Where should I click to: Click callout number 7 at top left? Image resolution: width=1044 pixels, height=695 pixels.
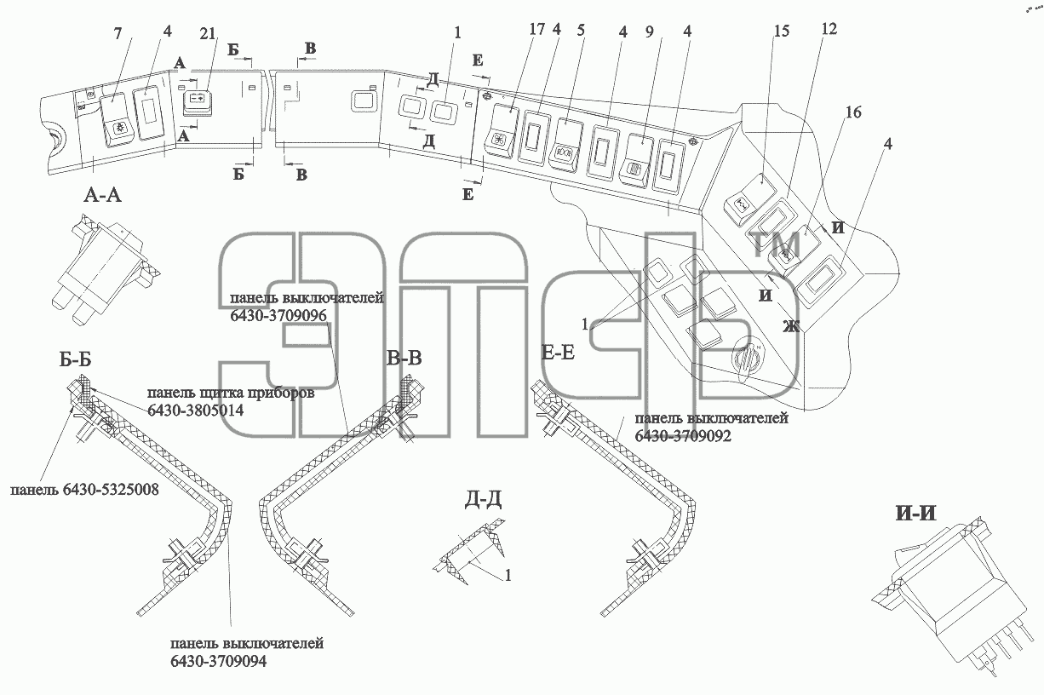tap(118, 33)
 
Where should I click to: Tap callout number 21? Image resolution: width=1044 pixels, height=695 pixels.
tap(208, 33)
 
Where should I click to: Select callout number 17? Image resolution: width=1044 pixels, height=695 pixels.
tap(537, 29)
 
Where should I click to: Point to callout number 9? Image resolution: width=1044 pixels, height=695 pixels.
tap(649, 32)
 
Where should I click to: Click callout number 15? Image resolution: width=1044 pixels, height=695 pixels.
tap(782, 32)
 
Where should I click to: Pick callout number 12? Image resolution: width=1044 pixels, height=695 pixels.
tap(829, 29)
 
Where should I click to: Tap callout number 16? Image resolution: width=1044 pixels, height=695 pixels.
tap(853, 112)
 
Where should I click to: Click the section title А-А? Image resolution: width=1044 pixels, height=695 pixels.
tap(102, 194)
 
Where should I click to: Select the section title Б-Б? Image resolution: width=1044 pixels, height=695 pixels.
tap(76, 359)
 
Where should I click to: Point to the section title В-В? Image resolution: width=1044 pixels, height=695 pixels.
tap(404, 358)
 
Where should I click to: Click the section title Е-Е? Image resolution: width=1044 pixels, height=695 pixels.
tap(558, 353)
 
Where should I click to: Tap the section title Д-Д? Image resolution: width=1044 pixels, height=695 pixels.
tap(483, 500)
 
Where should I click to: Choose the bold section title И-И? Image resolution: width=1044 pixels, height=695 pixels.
tap(915, 514)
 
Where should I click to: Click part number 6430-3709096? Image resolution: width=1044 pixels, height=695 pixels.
tap(278, 316)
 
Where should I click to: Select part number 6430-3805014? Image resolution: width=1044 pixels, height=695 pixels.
tap(195, 411)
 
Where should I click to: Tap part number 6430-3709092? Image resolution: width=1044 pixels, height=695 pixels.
tap(683, 436)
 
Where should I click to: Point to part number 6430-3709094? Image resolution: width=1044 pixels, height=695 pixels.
tap(219, 661)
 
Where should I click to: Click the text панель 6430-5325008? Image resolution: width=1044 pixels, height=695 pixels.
tap(84, 490)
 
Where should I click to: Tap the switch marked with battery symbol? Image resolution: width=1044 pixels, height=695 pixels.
tap(198, 101)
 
